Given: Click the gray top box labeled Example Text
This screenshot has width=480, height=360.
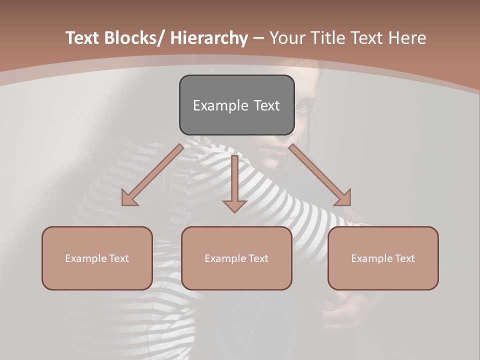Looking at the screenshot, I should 236,105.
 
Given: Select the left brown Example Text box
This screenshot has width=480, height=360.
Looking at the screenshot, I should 97,258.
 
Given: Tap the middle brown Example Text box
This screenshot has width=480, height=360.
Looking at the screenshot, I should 236,258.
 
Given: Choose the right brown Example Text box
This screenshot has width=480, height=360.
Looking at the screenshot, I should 383,258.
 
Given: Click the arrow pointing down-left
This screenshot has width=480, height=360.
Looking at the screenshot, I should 153,174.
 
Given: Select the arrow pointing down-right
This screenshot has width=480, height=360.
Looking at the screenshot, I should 319,174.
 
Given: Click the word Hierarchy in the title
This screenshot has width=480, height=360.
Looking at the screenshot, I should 208,38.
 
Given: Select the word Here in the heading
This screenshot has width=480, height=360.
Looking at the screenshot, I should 408,38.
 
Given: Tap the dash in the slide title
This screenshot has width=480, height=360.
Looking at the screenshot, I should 258,38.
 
